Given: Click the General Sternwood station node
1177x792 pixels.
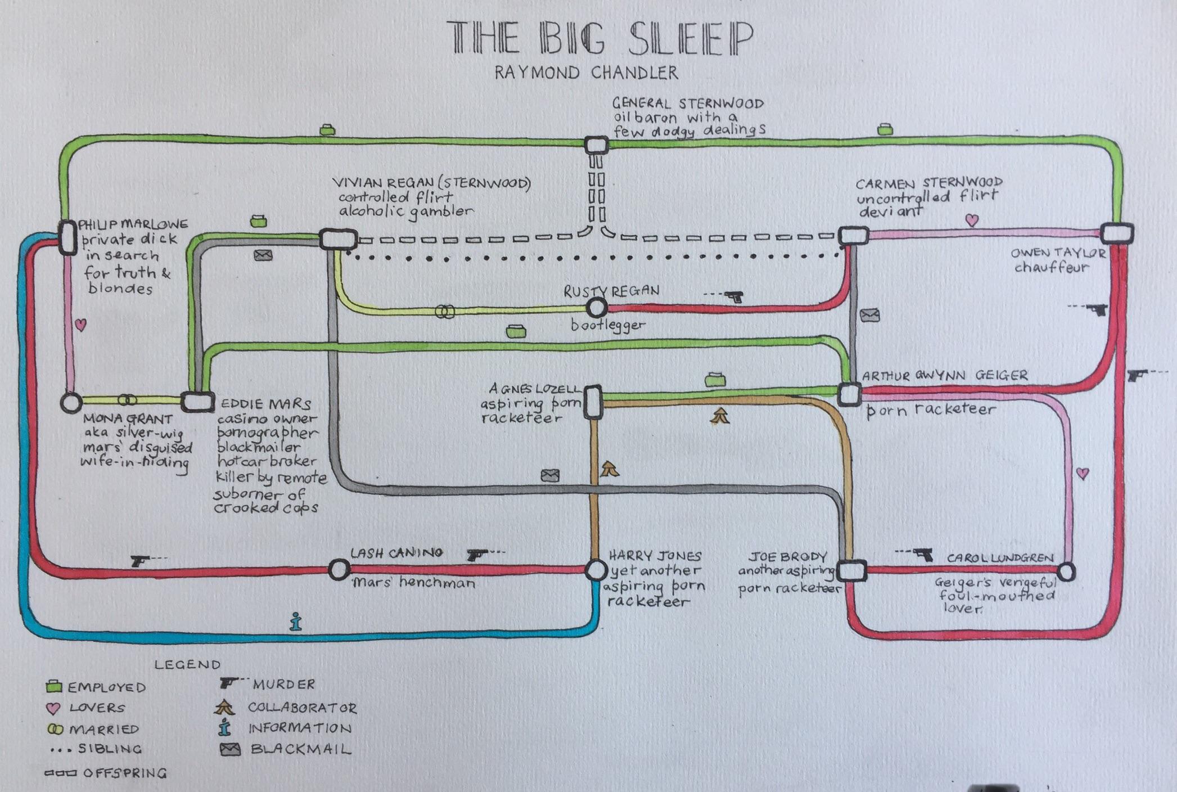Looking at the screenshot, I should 596,145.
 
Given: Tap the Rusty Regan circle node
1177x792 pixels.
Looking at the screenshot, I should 596,308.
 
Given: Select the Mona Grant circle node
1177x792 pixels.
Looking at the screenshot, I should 71,403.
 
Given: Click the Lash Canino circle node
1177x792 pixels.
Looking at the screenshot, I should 339,570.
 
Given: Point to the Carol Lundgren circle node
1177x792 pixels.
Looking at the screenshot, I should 1066,572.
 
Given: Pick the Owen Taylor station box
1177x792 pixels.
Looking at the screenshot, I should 1116,233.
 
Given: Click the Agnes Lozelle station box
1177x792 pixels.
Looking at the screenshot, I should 593,402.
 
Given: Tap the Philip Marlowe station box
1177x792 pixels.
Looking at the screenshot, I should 68,237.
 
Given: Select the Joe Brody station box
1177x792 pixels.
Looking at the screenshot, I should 851,571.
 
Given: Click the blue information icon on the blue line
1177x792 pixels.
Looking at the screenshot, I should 296,622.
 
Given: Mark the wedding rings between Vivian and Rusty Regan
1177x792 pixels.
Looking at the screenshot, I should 445,311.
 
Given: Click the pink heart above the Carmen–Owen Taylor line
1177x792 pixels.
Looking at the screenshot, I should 971,220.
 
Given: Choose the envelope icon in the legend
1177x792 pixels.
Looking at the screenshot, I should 231,749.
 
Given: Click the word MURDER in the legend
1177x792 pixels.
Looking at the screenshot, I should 283,685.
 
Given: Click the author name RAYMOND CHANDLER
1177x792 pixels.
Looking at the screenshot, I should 586,73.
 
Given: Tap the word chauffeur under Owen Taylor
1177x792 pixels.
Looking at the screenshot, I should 1051,267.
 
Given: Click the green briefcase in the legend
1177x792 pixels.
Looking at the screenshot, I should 54,687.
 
